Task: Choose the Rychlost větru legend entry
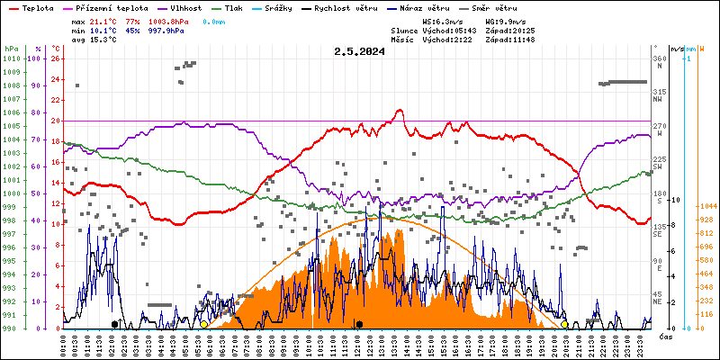coord(346,7)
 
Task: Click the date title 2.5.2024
coord(359,51)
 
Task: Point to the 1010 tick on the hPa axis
coord(12,58)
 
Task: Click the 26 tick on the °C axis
coord(56,58)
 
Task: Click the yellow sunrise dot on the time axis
coord(204,324)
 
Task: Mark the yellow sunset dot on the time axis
coord(564,324)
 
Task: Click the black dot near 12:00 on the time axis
coord(359,324)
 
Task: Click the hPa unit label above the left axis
coord(11,48)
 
